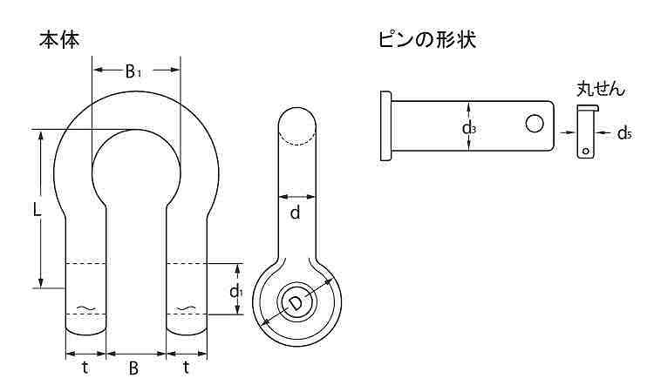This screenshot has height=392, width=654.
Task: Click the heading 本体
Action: coord(59,40)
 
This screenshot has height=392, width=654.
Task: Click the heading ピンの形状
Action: coord(427,40)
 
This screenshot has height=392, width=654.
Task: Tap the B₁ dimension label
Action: coord(133,71)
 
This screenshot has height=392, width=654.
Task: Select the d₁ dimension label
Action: coord(236,291)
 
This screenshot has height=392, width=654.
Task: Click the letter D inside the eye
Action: coord(296,304)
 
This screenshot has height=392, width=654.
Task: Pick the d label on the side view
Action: coord(295,213)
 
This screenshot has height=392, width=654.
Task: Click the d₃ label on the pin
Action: coord(469,128)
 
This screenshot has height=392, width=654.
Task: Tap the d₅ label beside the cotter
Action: coord(624,133)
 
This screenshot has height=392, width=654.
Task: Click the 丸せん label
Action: coord(601,89)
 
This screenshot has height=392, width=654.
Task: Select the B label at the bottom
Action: coord(133,368)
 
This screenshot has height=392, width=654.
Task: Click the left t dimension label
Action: coord(85,368)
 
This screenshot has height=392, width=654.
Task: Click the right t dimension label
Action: coord(186,368)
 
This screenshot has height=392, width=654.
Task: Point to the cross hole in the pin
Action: coord(535,124)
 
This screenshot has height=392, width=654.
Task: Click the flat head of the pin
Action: coord(385,125)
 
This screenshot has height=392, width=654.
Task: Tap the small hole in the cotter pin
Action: coord(586,151)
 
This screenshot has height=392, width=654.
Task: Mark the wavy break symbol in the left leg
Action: coord(86,308)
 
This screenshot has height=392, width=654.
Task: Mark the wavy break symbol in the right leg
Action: coord(186,308)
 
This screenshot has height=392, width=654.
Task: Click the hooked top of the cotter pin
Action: coord(588,109)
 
